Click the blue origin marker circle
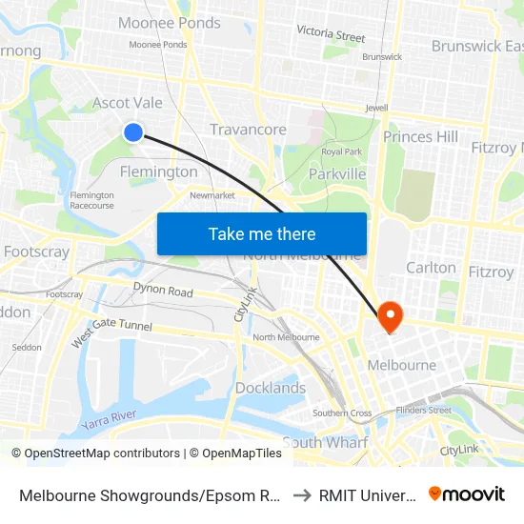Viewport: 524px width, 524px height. pyautogui.click(x=133, y=132)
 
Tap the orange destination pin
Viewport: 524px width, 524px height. pyautogui.click(x=391, y=315)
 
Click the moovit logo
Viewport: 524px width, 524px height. pyautogui.click(x=467, y=494)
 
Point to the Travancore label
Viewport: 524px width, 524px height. pyautogui.click(x=248, y=130)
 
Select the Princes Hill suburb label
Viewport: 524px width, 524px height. pyautogui.click(x=420, y=137)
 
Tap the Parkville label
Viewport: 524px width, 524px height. pyautogui.click(x=337, y=174)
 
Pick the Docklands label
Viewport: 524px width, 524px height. pyautogui.click(x=271, y=388)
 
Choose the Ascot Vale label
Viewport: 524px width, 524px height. pyautogui.click(x=127, y=103)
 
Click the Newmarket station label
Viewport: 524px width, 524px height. pyautogui.click(x=212, y=195)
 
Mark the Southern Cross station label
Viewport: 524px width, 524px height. pyautogui.click(x=342, y=413)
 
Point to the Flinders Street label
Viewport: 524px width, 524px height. pyautogui.click(x=424, y=411)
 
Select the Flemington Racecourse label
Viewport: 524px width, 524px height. pyautogui.click(x=91, y=200)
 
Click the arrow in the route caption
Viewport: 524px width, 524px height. pyautogui.click(x=299, y=494)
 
